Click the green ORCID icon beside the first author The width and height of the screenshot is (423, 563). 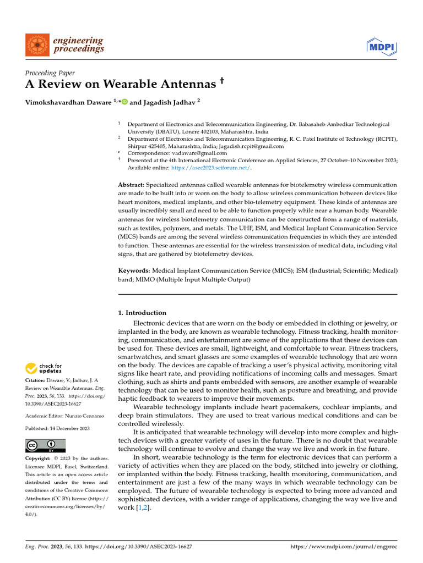tap(124, 101)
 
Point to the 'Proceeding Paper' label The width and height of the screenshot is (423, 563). tap(50, 73)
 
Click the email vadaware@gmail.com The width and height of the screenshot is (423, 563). tap(192, 153)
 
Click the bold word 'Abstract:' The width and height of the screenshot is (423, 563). tap(131, 185)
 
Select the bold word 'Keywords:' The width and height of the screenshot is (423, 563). tap(134, 271)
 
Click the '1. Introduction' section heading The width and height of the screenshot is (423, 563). tap(143, 313)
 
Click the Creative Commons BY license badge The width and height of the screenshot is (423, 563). tap(46, 445)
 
